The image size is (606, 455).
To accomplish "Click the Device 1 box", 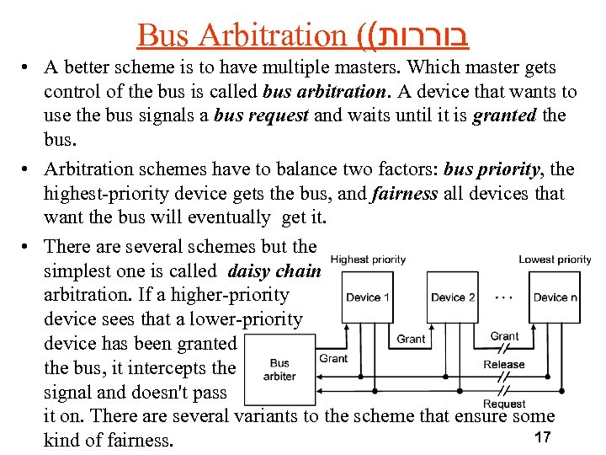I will [368, 297].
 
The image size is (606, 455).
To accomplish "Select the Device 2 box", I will [453, 297].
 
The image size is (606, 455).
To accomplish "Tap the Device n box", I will [555, 297].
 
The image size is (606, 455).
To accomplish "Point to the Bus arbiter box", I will [279, 370].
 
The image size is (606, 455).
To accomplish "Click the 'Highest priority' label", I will [369, 260].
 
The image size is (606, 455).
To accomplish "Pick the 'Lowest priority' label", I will [555, 260].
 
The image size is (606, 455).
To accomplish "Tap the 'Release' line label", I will [504, 365].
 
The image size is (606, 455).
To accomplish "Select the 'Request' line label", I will [504, 404].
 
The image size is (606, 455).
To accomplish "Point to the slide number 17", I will [542, 437].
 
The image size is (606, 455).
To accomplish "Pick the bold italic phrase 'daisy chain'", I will [274, 271].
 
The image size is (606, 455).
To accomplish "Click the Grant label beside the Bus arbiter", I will [333, 358].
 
